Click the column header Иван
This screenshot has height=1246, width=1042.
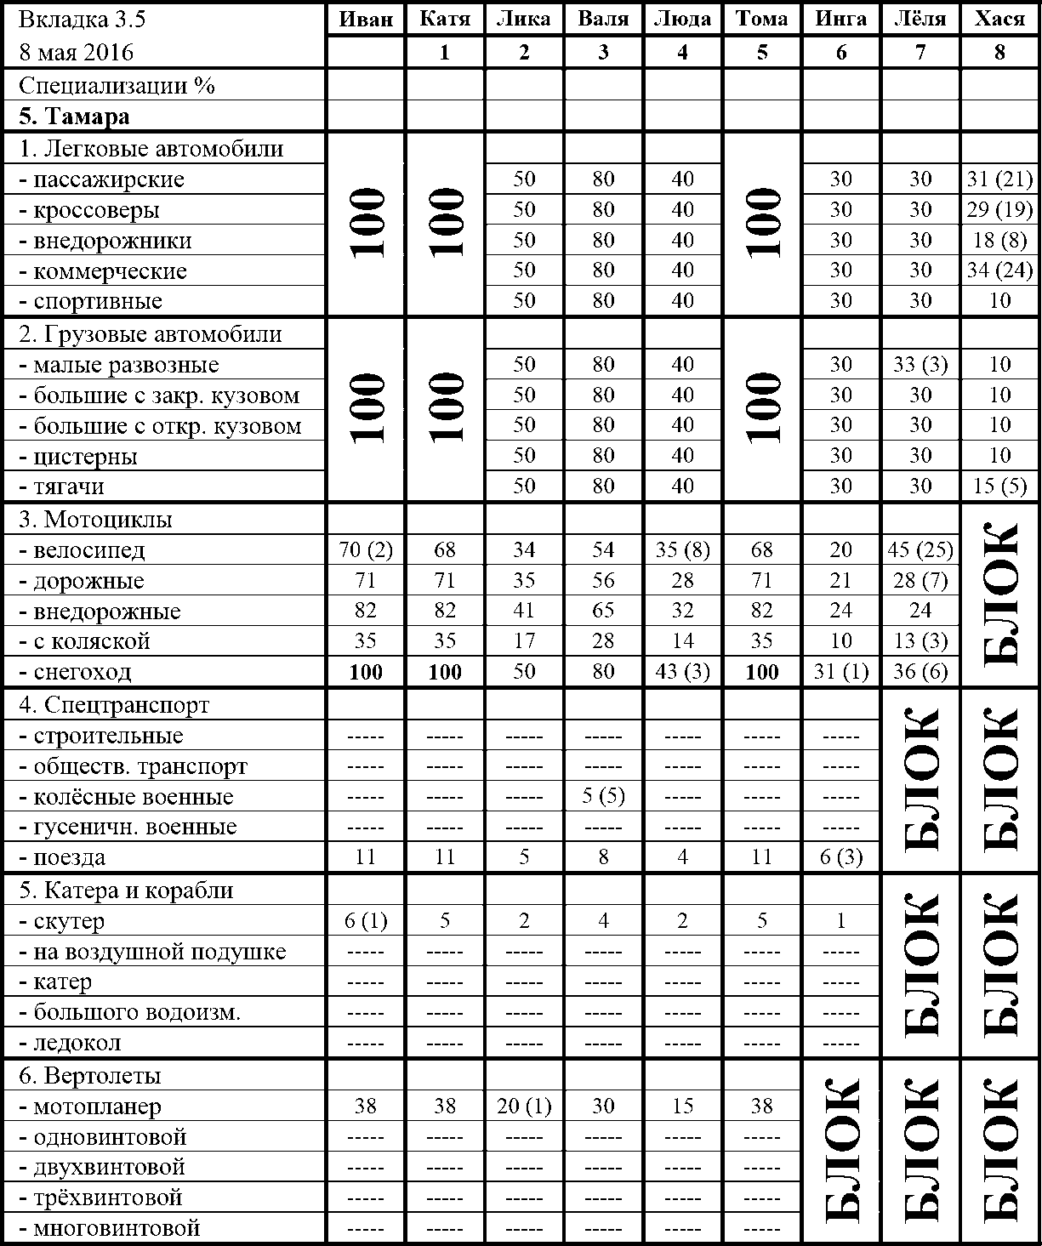[x=366, y=20]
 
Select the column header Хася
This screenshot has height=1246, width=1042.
[x=999, y=20]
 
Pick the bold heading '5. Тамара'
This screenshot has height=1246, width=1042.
[x=75, y=116]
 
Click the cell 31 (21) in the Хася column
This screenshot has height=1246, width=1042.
[x=999, y=179]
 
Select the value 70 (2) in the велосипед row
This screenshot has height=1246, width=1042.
[x=366, y=550]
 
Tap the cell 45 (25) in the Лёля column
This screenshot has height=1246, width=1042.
[x=920, y=550]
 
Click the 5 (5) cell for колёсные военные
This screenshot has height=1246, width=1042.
[x=603, y=797]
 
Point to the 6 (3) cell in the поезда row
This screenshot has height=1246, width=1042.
[x=840, y=857]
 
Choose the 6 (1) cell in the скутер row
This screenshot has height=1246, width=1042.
[x=366, y=921]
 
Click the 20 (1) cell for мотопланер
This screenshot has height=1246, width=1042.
[x=524, y=1107]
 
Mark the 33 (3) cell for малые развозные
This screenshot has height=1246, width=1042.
[x=920, y=365]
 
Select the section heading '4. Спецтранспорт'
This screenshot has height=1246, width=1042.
[x=114, y=705]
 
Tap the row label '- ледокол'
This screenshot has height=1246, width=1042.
[x=77, y=1043]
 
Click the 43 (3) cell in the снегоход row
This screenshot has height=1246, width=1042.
[x=682, y=672]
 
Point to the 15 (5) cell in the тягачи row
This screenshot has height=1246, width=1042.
[x=999, y=486]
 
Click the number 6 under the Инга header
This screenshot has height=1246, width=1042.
[x=840, y=53]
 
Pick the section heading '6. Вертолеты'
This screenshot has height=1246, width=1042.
[x=90, y=1076]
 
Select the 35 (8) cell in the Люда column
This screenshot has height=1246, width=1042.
[x=682, y=550]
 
